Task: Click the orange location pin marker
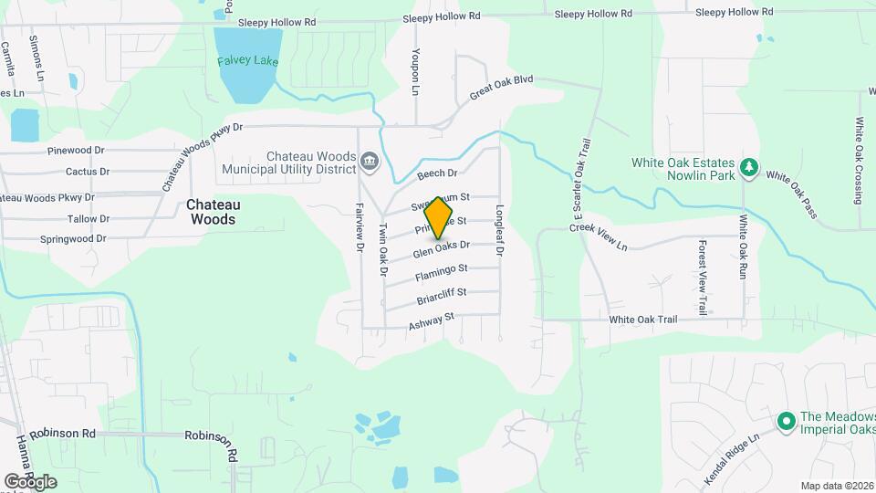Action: (x=439, y=216)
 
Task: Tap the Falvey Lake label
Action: (x=247, y=61)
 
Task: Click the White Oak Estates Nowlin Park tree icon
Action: (x=748, y=167)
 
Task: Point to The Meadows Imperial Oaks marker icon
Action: (x=784, y=421)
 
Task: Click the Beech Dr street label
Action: (x=437, y=173)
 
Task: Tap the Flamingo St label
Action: (x=442, y=271)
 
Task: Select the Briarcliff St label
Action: (x=442, y=295)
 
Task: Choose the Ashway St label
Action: (x=432, y=320)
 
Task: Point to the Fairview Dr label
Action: (x=359, y=227)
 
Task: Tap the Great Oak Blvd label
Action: (x=501, y=88)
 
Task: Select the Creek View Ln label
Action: (x=600, y=237)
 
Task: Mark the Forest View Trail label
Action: (x=703, y=278)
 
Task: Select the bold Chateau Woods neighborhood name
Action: (x=211, y=212)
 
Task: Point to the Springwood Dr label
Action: (x=73, y=239)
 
